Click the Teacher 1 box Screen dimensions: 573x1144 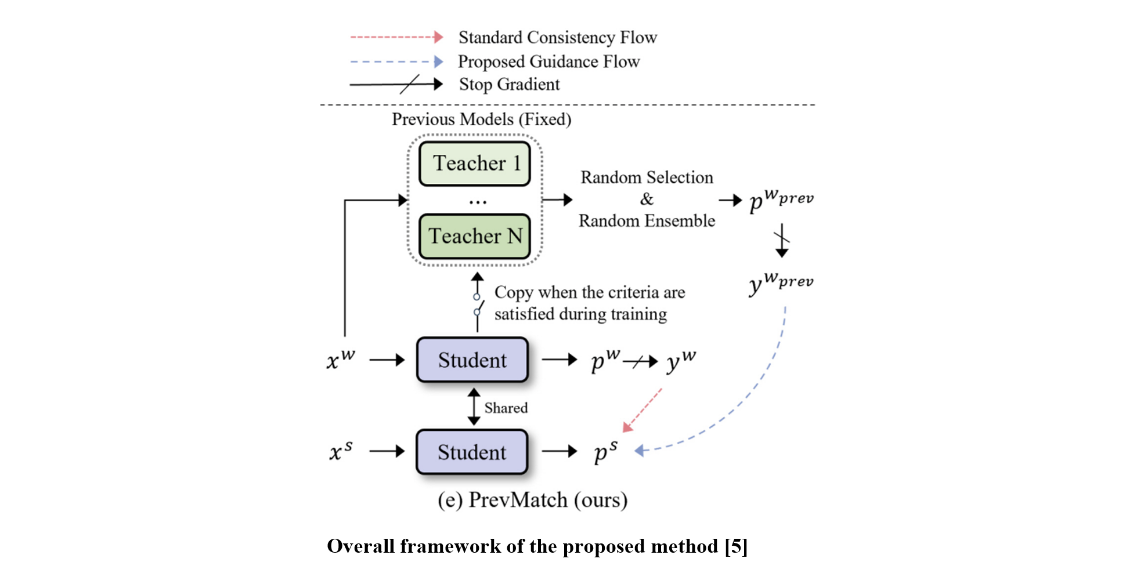475,164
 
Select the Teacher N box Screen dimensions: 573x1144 475,236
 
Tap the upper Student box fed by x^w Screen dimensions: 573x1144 472,360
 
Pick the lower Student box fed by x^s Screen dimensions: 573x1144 472,452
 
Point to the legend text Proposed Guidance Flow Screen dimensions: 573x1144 548,61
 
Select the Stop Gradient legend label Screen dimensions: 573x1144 509,85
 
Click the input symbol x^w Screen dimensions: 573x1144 340,360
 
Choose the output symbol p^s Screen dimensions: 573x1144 605,452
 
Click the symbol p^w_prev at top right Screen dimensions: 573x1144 781,200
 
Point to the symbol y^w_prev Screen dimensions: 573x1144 781,283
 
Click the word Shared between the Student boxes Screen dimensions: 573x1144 506,408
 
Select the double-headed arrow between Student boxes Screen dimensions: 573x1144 474,407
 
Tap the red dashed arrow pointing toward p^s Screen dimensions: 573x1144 643,410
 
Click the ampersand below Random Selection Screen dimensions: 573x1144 647,199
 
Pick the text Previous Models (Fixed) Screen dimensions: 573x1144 481,119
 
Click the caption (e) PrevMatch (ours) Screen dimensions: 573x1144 532,500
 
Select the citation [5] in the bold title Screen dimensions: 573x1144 736,546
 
